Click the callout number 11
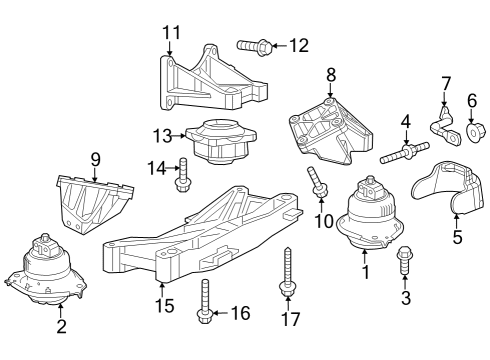171,33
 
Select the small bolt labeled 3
405,262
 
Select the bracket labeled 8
325,130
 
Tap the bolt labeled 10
318,184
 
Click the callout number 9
96,158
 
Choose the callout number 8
331,73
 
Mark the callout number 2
61,326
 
